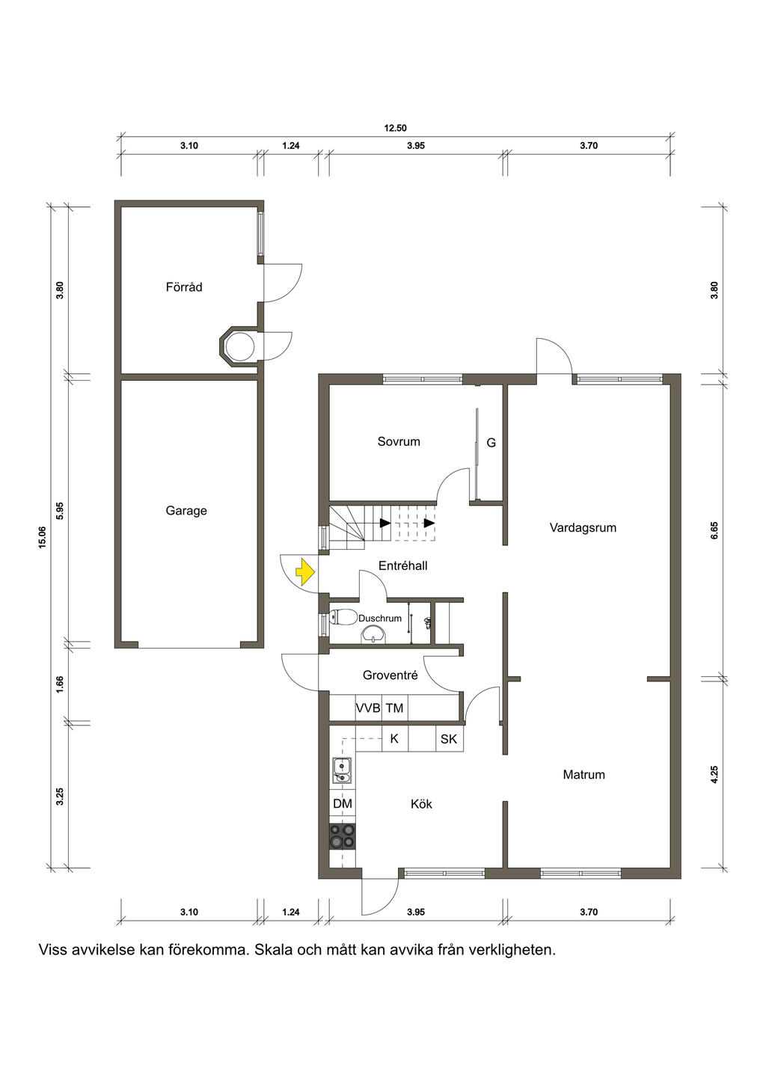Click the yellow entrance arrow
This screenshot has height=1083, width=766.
click(x=305, y=572)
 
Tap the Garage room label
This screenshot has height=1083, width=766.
click(x=186, y=511)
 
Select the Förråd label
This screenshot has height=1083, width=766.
click(x=184, y=287)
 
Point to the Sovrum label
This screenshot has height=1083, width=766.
click(x=399, y=441)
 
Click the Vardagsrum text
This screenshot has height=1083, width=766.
click(x=583, y=528)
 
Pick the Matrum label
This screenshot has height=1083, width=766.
click(x=583, y=775)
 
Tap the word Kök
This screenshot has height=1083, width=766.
click(x=421, y=804)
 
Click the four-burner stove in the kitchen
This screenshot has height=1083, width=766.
click(x=343, y=836)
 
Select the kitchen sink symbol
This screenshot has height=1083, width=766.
click(x=342, y=770)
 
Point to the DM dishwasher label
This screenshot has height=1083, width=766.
click(x=343, y=803)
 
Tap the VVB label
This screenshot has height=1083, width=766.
click(x=368, y=708)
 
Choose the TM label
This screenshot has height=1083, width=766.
click(x=395, y=708)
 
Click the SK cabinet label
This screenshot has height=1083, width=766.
click(x=449, y=739)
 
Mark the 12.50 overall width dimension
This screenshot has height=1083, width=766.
click(x=395, y=128)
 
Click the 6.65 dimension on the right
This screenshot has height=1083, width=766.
click(x=714, y=530)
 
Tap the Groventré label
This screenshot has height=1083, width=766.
click(x=390, y=675)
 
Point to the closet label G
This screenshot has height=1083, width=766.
click(x=491, y=442)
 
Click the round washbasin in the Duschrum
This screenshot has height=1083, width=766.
click(x=374, y=634)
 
